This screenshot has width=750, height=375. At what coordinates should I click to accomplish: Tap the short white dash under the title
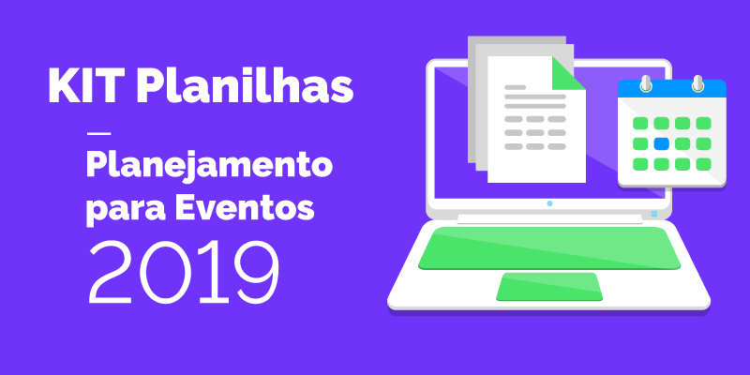97,132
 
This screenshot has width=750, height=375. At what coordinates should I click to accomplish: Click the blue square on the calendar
661,143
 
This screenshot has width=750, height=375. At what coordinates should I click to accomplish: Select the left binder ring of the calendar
645,84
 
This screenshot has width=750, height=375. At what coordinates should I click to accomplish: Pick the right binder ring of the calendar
697,84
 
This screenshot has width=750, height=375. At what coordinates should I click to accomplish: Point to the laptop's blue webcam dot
549,202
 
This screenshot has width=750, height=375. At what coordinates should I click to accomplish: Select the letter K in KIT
62,86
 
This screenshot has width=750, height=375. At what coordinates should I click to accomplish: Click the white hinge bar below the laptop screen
549,220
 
